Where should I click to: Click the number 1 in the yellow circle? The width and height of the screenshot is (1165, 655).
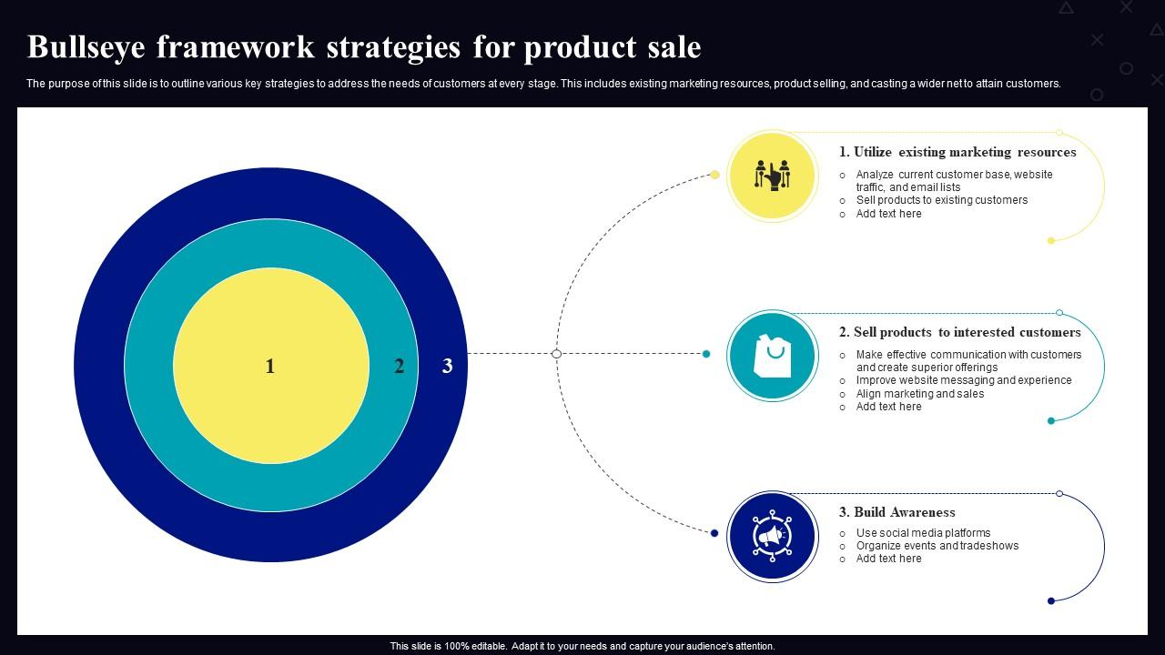tap(269, 366)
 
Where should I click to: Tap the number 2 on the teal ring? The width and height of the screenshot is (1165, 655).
tap(399, 366)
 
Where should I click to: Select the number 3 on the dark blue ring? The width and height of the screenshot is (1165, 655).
tap(447, 366)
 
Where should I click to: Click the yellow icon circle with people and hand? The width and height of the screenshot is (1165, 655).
tap(773, 175)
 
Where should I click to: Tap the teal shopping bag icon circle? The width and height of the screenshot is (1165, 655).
tap(773, 356)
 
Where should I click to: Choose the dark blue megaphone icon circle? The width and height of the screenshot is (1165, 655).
tap(773, 537)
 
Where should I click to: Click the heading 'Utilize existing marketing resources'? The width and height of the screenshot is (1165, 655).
tap(957, 152)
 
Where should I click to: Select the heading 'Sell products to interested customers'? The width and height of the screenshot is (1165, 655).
tap(959, 332)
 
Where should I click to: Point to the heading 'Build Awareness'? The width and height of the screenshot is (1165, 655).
tap(897, 512)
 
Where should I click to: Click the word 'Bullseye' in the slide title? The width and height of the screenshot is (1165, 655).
tap(86, 46)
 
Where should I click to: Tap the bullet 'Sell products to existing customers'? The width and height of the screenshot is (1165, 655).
tap(941, 200)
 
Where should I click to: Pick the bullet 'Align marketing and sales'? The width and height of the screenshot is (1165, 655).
tap(919, 394)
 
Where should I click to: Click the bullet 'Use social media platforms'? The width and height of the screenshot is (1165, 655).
tap(923, 533)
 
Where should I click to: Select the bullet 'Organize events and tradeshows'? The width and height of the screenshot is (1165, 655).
tap(937, 546)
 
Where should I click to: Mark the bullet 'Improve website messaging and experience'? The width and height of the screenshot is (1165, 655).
tap(963, 380)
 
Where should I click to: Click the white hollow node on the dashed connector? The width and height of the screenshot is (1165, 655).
tap(556, 354)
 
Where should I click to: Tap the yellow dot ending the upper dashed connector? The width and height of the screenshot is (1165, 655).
tap(715, 175)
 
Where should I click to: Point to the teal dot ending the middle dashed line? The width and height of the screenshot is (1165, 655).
tap(706, 354)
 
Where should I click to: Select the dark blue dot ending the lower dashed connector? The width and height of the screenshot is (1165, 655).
tap(714, 533)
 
